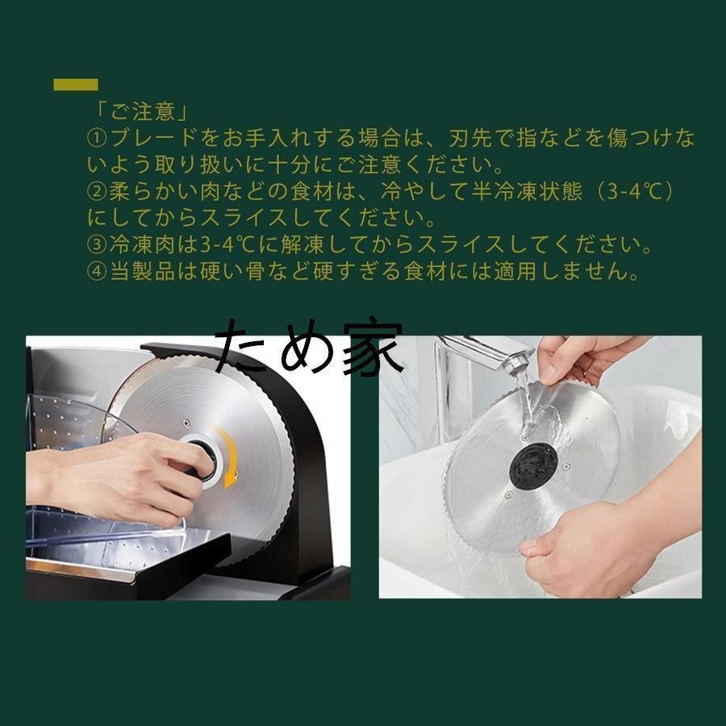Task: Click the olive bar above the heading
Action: pyautogui.click(x=76, y=85)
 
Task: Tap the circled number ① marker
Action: pyautogui.click(x=97, y=138)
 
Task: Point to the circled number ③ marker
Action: pyautogui.click(x=97, y=245)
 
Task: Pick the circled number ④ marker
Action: pyautogui.click(x=97, y=272)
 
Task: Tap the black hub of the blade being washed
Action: pyautogui.click(x=533, y=465)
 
